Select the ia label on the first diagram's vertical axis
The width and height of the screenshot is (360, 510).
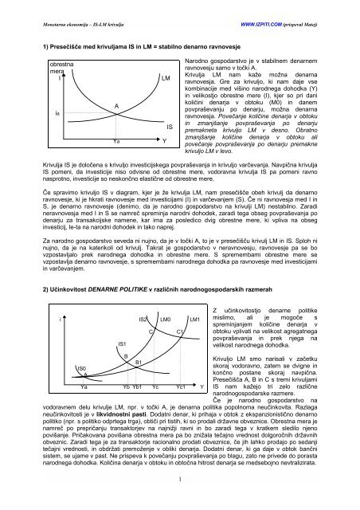pos(34,115)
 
